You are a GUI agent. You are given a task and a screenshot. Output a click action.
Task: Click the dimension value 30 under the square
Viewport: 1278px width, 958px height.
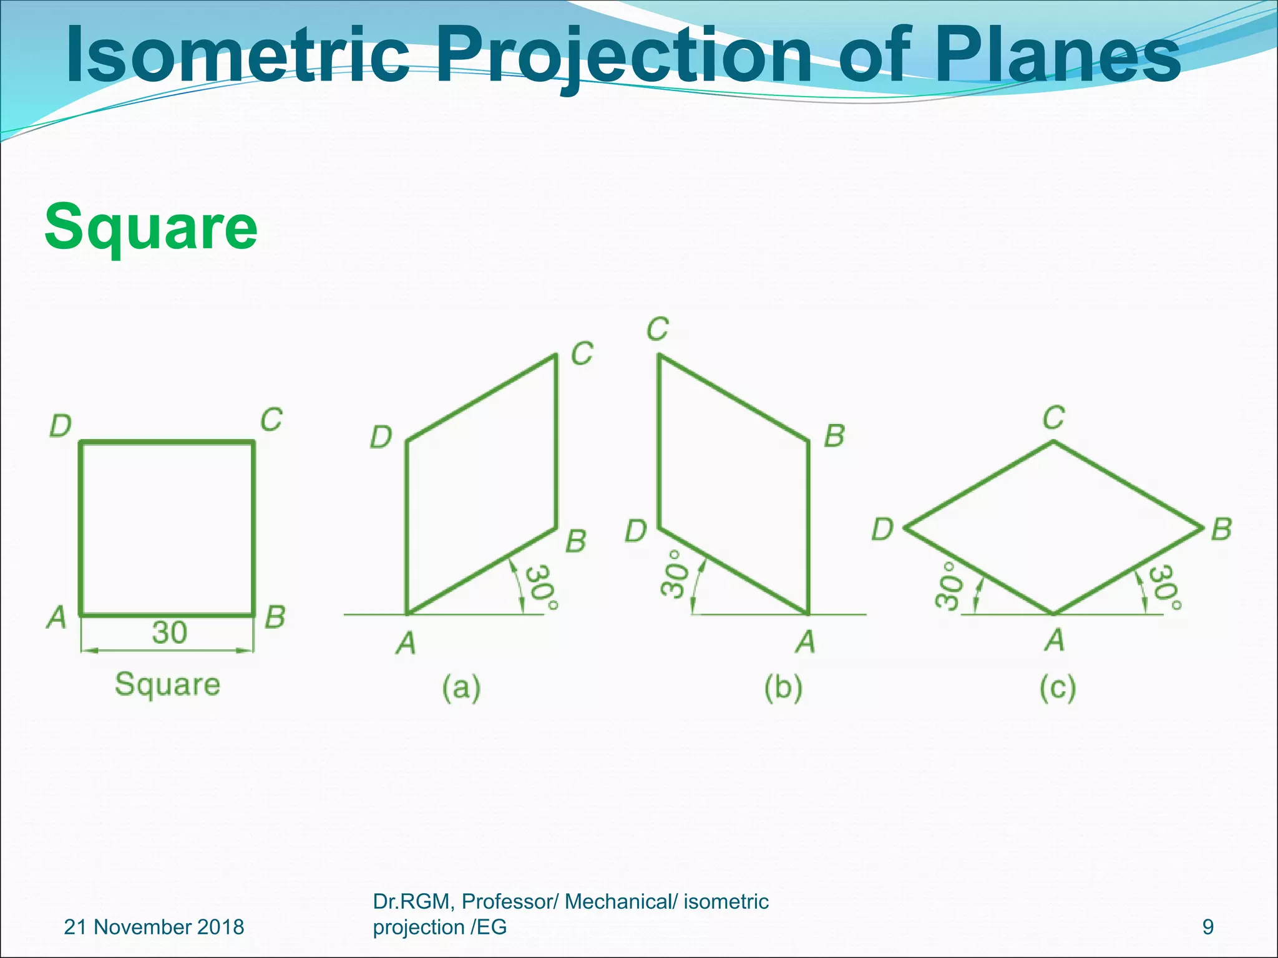(x=169, y=632)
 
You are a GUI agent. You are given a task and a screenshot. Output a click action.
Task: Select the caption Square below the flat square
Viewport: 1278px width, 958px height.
(x=167, y=684)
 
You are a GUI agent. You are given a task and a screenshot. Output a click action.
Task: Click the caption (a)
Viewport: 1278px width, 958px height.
(x=461, y=688)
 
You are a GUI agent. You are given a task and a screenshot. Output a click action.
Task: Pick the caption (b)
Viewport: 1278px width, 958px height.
(x=784, y=688)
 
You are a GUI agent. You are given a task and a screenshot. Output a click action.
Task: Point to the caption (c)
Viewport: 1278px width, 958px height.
(x=1058, y=688)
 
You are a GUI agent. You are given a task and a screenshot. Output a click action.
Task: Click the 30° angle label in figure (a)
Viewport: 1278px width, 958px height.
(x=540, y=588)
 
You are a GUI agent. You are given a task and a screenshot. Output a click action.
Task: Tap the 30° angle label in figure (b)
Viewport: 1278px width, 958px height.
(x=675, y=573)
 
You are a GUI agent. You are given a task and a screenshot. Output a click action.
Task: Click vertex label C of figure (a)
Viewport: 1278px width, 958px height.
(x=582, y=354)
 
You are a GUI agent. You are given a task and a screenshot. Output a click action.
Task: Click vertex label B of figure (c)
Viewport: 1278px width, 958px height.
(x=1221, y=530)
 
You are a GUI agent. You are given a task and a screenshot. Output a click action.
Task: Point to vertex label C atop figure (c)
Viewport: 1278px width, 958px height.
(x=1053, y=418)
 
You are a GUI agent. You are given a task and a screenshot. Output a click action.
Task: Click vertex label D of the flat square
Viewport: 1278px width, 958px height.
(x=61, y=427)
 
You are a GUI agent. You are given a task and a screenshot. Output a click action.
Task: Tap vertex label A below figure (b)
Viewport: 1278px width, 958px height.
(x=806, y=641)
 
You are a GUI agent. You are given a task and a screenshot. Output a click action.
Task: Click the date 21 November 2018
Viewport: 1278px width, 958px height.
(x=154, y=927)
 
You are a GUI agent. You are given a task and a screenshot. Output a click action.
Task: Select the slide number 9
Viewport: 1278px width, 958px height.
(x=1208, y=927)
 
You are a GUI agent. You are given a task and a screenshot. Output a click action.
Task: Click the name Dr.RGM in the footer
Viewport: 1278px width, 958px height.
(x=412, y=902)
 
